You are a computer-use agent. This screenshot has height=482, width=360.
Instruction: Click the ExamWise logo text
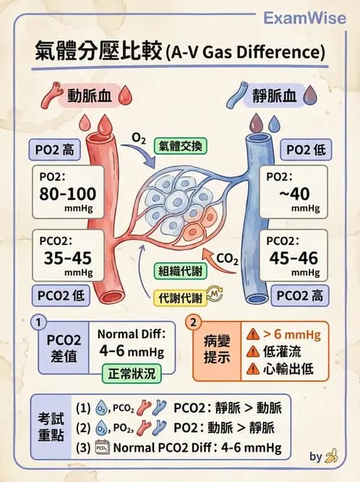click(x=304, y=18)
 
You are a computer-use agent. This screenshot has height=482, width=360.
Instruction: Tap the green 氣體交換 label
click(x=181, y=146)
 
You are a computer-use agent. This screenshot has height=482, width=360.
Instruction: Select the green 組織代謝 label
click(x=181, y=271)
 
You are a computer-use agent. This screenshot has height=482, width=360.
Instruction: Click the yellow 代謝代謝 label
click(x=181, y=298)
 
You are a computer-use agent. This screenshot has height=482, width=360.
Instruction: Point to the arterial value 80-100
click(x=68, y=194)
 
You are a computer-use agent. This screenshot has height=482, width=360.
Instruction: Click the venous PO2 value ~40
click(x=294, y=194)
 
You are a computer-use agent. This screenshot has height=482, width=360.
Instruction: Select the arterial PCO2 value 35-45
click(x=68, y=257)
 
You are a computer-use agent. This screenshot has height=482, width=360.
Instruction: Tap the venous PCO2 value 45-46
click(x=293, y=257)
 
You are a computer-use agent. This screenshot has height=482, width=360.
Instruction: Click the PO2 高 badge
click(x=55, y=150)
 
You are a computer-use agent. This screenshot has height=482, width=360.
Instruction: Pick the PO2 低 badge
click(x=306, y=150)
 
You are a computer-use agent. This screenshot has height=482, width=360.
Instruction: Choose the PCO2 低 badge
click(x=61, y=296)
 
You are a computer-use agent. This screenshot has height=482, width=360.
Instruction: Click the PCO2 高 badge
click(x=300, y=296)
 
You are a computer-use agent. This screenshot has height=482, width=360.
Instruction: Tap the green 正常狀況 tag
click(x=132, y=374)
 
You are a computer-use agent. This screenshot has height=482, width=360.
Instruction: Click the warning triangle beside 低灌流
click(x=253, y=351)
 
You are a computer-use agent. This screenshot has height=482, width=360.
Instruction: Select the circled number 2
click(x=193, y=322)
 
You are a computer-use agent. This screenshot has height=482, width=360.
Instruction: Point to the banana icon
click(x=331, y=456)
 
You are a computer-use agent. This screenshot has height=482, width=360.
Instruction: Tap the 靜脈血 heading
click(x=275, y=95)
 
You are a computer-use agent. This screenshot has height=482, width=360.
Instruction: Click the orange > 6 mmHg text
click(x=292, y=334)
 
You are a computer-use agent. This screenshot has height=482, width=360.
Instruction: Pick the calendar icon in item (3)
click(x=103, y=447)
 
